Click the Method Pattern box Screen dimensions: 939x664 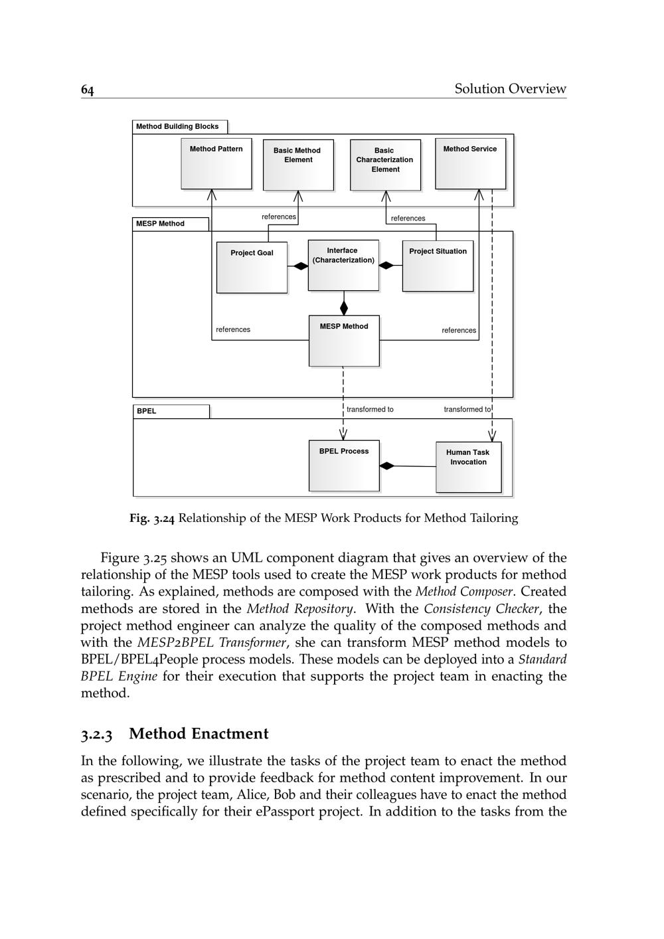[216, 163]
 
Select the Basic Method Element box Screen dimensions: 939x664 [298, 165]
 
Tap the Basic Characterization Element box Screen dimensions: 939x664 [385, 165]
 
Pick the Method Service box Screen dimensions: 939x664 [470, 163]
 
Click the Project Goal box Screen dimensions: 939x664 [252, 267]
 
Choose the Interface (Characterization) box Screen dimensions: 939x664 [343, 265]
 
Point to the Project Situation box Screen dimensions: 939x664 [438, 266]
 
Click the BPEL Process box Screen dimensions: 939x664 [344, 466]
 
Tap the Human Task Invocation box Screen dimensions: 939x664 [468, 467]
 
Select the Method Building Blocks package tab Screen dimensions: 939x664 [178, 126]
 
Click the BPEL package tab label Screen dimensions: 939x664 [147, 411]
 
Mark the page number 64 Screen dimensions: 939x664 [88, 90]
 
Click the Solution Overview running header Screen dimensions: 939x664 [510, 89]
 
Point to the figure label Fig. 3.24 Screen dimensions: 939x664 [152, 519]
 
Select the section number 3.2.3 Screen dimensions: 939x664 [97, 734]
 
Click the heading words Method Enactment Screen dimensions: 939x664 [199, 734]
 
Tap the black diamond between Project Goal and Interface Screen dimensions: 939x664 [300, 266]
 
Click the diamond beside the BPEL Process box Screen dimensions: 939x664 [386, 466]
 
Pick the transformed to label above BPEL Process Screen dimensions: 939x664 [370, 410]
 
